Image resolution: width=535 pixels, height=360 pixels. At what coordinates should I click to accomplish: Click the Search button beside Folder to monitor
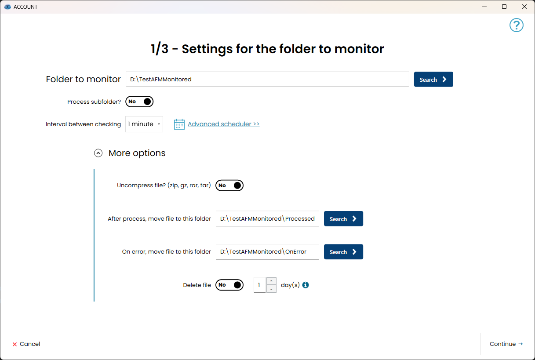click(433, 79)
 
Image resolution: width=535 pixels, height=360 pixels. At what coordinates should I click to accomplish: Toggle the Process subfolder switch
click(139, 102)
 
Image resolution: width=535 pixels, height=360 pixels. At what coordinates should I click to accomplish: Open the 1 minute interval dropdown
click(144, 124)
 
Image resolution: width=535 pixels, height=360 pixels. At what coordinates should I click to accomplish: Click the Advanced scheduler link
click(224, 124)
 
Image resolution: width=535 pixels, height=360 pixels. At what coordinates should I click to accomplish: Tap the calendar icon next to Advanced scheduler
click(179, 124)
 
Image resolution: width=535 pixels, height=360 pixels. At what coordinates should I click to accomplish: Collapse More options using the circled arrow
click(98, 153)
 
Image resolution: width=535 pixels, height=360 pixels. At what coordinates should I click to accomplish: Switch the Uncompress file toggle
click(229, 185)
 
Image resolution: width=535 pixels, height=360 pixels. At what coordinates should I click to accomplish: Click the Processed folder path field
click(267, 218)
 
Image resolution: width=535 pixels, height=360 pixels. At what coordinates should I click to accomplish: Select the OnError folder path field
click(267, 251)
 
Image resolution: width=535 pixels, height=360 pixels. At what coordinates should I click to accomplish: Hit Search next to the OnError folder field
click(343, 252)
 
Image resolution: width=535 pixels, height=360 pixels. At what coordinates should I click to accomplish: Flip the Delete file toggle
click(229, 285)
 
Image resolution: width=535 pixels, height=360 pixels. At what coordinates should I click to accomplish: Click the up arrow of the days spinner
click(271, 281)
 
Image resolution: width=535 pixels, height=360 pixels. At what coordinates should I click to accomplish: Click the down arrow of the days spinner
click(271, 289)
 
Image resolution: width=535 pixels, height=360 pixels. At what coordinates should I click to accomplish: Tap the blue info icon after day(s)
click(305, 285)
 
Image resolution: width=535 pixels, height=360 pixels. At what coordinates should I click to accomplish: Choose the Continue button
click(505, 344)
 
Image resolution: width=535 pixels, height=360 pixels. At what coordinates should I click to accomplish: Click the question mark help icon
click(517, 25)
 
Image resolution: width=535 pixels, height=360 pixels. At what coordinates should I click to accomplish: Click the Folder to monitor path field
click(267, 79)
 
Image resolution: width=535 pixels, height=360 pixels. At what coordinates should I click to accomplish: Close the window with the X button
click(524, 7)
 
